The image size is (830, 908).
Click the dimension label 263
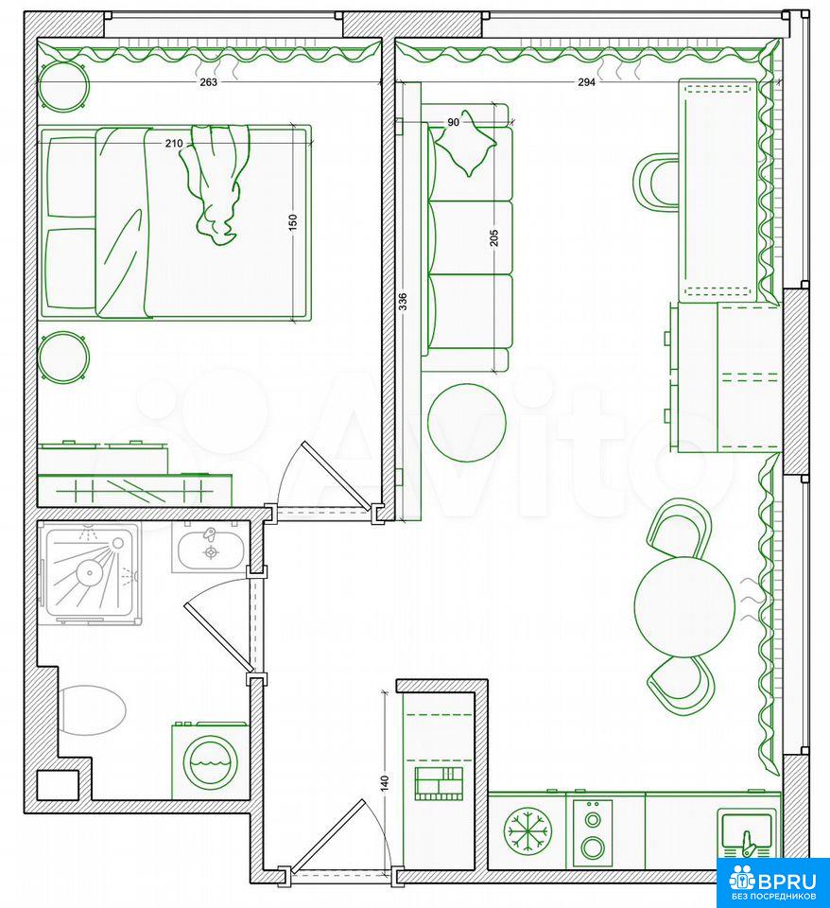click(208, 82)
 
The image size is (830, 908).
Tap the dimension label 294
click(586, 82)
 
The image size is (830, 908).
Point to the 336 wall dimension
click(403, 302)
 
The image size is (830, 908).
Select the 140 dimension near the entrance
click(386, 783)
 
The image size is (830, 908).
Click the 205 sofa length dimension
click(494, 237)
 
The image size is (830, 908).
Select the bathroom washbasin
click(211, 550)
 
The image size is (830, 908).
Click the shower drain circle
click(90, 574)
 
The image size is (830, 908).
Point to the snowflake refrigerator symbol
click(527, 832)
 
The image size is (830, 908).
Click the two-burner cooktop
click(593, 832)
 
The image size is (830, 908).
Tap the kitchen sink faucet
click(749, 843)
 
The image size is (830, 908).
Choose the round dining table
click(684, 606)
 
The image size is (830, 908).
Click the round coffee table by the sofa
click(466, 423)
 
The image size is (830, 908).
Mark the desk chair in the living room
click(656, 183)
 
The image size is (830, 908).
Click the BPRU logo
click(773, 882)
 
